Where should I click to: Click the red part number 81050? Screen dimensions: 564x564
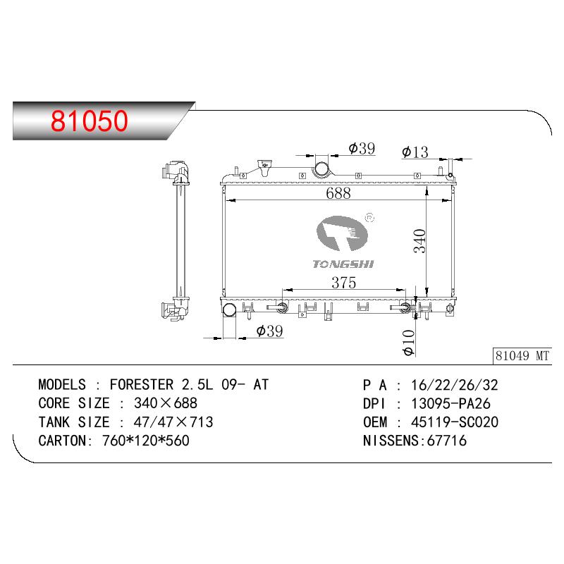pos(90,121)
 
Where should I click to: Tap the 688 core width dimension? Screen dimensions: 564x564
pos(338,193)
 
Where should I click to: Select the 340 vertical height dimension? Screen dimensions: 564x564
pos(419,241)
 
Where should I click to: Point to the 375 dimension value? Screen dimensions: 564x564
pos(344,283)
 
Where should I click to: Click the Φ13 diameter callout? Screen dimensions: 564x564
pos(415,152)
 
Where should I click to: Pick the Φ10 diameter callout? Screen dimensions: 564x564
pos(409,343)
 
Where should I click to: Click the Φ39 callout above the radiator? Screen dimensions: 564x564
pos(362,148)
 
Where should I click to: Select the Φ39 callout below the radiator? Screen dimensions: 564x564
pos(270,331)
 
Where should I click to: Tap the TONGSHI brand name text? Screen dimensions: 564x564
pos(343,264)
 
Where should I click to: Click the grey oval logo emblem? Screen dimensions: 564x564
pos(342,233)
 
